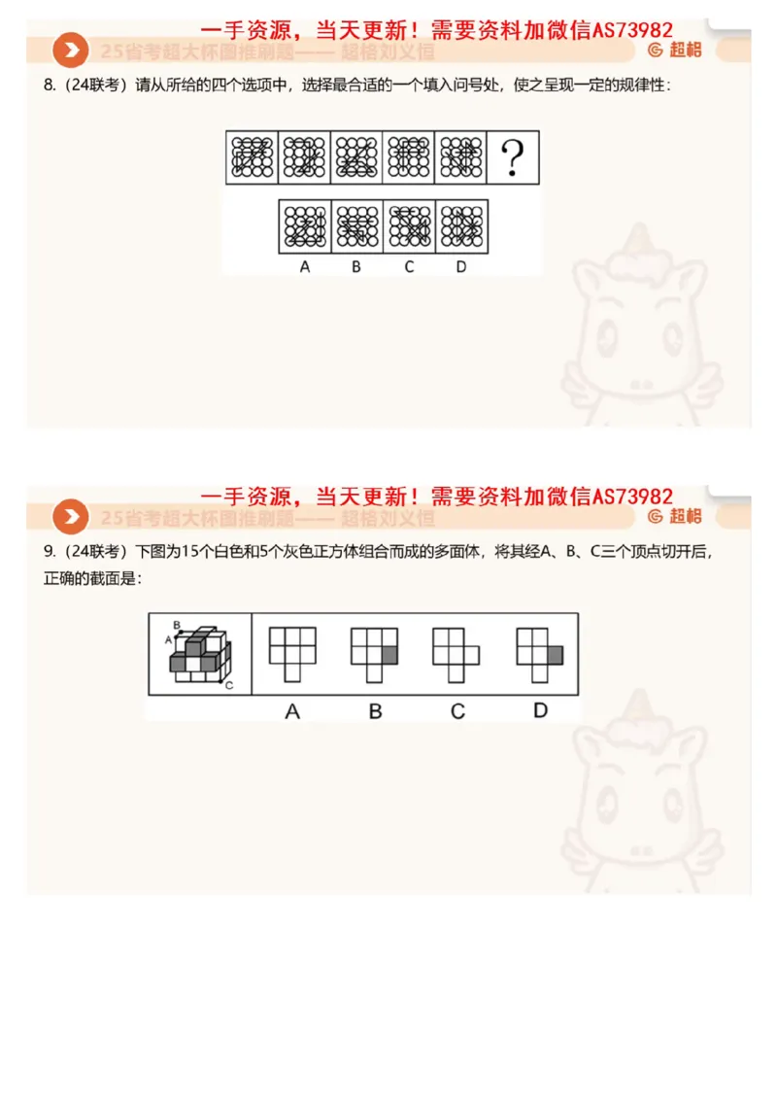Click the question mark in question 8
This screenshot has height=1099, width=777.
click(512, 157)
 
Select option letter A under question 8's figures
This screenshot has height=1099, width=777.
click(304, 266)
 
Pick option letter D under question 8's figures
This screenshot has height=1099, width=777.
click(461, 266)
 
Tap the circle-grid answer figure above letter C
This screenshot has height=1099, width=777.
click(409, 227)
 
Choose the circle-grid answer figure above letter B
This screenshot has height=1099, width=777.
click(356, 227)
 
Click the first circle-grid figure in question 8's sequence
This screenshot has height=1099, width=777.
click(252, 157)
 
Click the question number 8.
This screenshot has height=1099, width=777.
click(49, 86)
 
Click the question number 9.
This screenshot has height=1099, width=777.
click(49, 552)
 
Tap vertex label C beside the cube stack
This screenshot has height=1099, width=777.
click(229, 686)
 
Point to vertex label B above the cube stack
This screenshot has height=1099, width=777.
click(176, 624)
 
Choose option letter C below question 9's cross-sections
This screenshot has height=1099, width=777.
click(457, 712)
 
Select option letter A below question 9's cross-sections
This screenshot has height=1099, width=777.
click(292, 712)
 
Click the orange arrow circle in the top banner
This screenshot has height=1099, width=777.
click(70, 51)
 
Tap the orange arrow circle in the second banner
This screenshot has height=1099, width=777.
click(70, 516)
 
